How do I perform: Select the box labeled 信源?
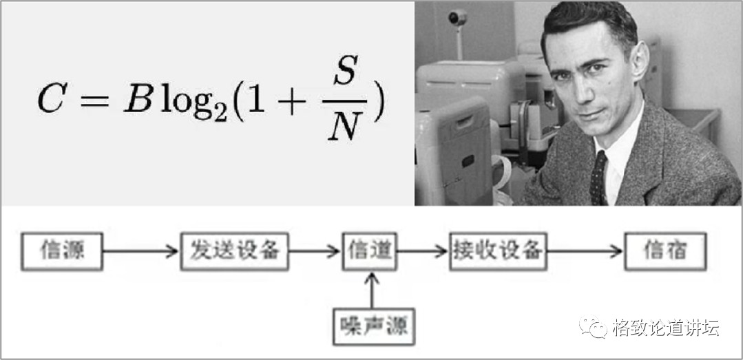[x=63, y=251]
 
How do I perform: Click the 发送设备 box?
[x=234, y=251]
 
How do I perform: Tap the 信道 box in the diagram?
[x=370, y=251]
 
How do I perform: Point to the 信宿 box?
[x=665, y=251]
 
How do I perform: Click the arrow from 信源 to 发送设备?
[x=142, y=251]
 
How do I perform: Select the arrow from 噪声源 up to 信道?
[x=372, y=289]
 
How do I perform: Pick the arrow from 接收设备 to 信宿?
[x=584, y=251]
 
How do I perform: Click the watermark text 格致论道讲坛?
[x=665, y=327]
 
